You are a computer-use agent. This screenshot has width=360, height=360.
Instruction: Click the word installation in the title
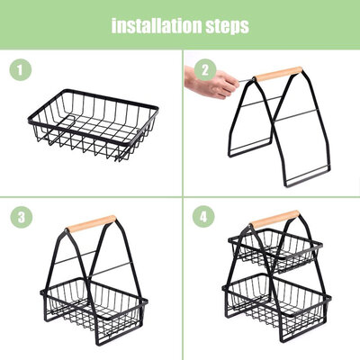pyautogui.click(x=157, y=26)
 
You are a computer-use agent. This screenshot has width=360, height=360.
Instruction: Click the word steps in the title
pyautogui.click(x=228, y=27)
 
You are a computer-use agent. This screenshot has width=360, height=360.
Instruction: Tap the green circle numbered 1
pyautogui.click(x=21, y=70)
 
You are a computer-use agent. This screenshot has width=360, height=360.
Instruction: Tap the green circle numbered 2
pyautogui.click(x=205, y=70)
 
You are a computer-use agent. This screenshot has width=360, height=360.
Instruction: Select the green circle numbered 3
pyautogui.click(x=22, y=217)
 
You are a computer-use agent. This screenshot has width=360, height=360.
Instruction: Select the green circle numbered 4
pyautogui.click(x=203, y=217)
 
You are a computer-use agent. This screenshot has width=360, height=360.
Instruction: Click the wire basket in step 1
pyautogui.click(x=94, y=124)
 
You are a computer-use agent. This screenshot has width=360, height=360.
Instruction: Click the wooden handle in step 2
pyautogui.click(x=278, y=74)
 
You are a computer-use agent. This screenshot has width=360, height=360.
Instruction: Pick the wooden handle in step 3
pyautogui.click(x=91, y=223)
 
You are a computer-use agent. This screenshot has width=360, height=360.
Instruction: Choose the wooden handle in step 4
pyautogui.click(x=274, y=219)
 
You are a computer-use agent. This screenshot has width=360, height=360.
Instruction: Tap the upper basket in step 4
pyautogui.click(x=275, y=250)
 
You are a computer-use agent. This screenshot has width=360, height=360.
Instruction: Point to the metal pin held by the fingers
pyautogui.click(x=246, y=80)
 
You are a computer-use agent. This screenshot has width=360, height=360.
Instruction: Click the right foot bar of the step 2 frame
pyautogui.click(x=305, y=178)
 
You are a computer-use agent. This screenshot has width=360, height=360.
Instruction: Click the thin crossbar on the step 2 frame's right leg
pyautogui.click(x=295, y=115)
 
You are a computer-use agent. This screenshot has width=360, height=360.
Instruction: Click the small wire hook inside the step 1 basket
pyautogui.click(x=66, y=123)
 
